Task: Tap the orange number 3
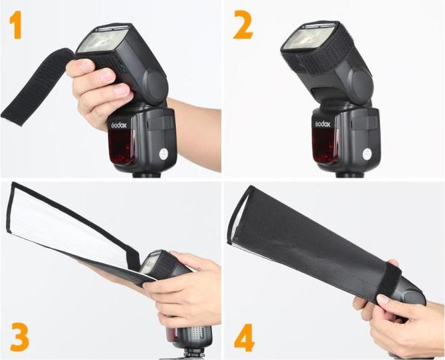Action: pos(19,337)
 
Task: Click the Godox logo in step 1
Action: pos(119,125)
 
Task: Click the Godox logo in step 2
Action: pos(322,124)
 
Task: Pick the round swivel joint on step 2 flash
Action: pos(362,80)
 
